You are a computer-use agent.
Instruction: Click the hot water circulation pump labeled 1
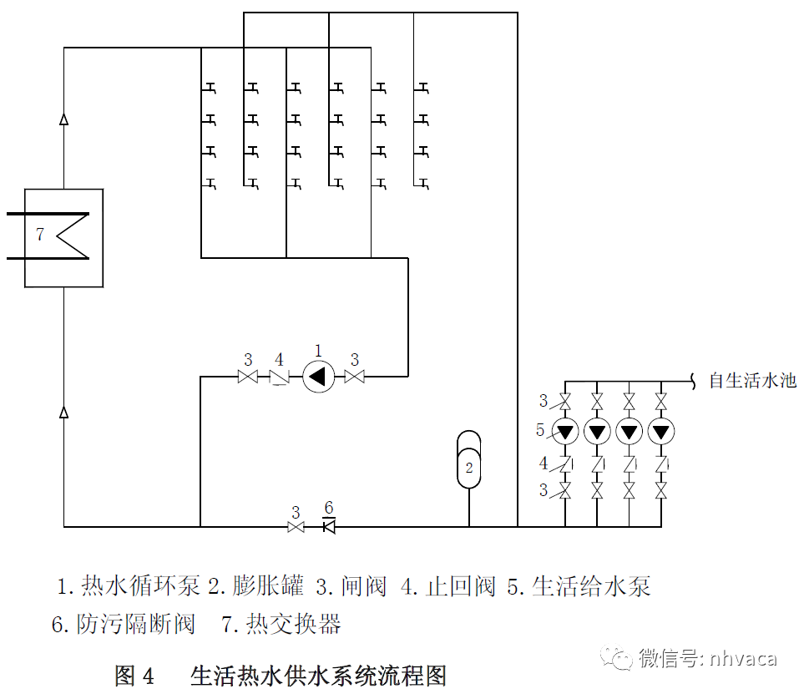[x=317, y=377]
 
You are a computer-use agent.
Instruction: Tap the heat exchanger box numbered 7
[x=63, y=238]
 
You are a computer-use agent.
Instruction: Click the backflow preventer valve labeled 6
[x=328, y=526]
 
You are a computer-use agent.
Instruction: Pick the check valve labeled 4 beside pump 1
[x=279, y=378]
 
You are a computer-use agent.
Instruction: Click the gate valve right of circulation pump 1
[x=355, y=377]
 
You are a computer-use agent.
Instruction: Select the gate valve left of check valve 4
[x=248, y=377]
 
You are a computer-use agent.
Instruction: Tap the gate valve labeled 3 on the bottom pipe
[x=296, y=527]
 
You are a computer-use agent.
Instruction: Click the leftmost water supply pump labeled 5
[x=566, y=432]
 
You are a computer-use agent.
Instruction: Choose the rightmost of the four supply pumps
[x=661, y=432]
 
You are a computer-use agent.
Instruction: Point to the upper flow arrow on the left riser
[x=64, y=119]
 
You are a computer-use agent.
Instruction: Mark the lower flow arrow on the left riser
[x=64, y=411]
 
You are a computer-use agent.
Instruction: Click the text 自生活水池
[x=752, y=382]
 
